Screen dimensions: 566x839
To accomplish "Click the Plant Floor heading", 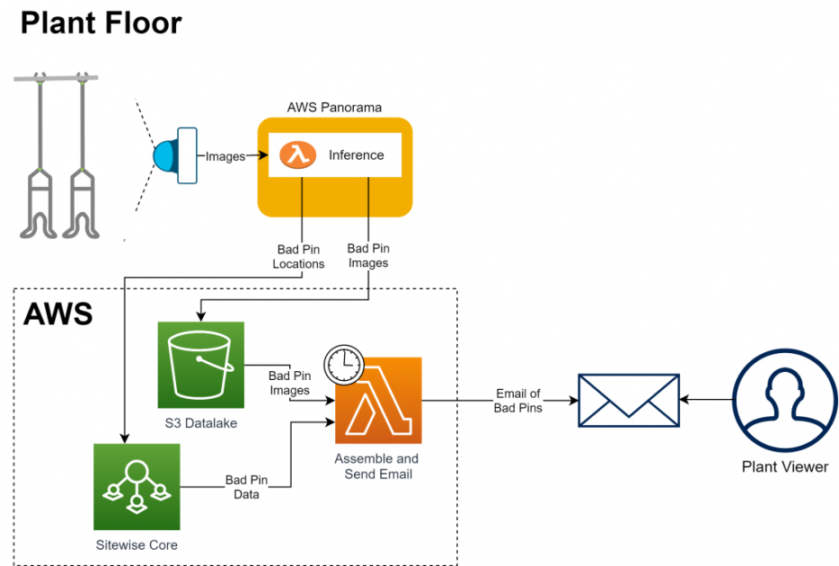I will (x=101, y=22).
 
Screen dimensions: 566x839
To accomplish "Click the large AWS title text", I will (x=58, y=314).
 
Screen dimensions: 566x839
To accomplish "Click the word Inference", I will (x=356, y=155).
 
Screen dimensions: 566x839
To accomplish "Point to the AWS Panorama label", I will (x=334, y=107).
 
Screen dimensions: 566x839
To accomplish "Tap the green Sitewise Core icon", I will (x=137, y=485).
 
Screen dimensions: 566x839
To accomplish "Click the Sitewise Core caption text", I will (x=137, y=544).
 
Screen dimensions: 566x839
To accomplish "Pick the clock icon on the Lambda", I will (x=342, y=365).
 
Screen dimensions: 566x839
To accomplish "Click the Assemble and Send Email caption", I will (x=377, y=466).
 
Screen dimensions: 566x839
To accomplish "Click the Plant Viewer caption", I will (x=784, y=466).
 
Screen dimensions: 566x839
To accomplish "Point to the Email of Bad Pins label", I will (x=517, y=401).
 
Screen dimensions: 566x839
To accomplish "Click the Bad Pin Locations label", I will (x=298, y=257).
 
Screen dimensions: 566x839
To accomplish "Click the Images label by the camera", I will (x=225, y=156).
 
